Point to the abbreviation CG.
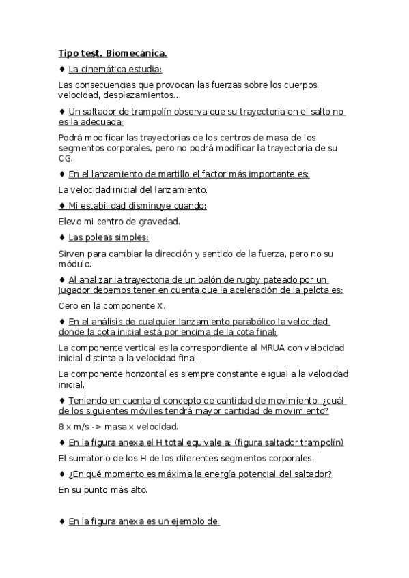coord(66,158)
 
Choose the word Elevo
coord(70,221)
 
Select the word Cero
coord(70,306)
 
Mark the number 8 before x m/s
coord(61,427)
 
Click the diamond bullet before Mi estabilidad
coord(62,205)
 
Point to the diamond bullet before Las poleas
coord(62,237)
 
